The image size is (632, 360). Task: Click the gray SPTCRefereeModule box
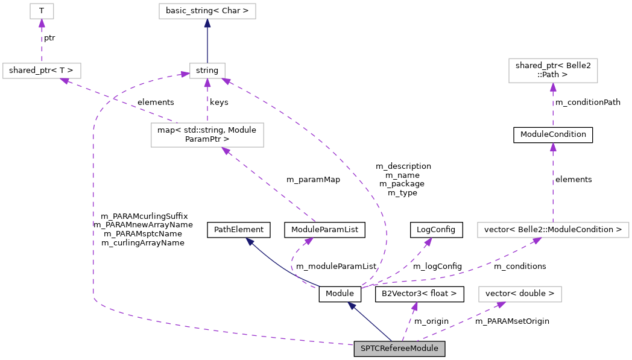pyautogui.click(x=399, y=349)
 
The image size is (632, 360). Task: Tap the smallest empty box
pyautogui.click(x=42, y=11)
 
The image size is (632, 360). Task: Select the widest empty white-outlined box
pyautogui.click(x=553, y=230)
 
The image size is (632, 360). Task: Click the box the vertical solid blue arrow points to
pyautogui.click(x=207, y=11)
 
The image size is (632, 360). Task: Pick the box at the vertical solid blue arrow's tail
pyautogui.click(x=207, y=71)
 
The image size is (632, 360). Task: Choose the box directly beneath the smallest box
pyautogui.click(x=42, y=71)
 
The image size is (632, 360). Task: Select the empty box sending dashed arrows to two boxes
pyautogui.click(x=207, y=135)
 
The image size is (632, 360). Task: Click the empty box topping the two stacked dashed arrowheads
pyautogui.click(x=553, y=71)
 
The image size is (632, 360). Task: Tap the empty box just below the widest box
pyautogui.click(x=520, y=294)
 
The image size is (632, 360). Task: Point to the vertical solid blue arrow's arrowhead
pyautogui.click(x=207, y=23)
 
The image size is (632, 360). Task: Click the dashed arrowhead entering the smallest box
pyautogui.click(x=42, y=23)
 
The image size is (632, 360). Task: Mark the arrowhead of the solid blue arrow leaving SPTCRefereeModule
pyautogui.click(x=352, y=305)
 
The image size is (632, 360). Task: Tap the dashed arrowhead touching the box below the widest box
pyautogui.click(x=501, y=305)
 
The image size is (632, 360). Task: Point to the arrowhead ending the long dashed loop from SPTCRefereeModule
pyautogui.click(x=185, y=75)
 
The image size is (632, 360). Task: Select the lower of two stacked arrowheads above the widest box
pyautogui.click(x=553, y=147)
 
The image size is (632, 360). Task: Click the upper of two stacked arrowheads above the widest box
pyautogui.click(x=553, y=87)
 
